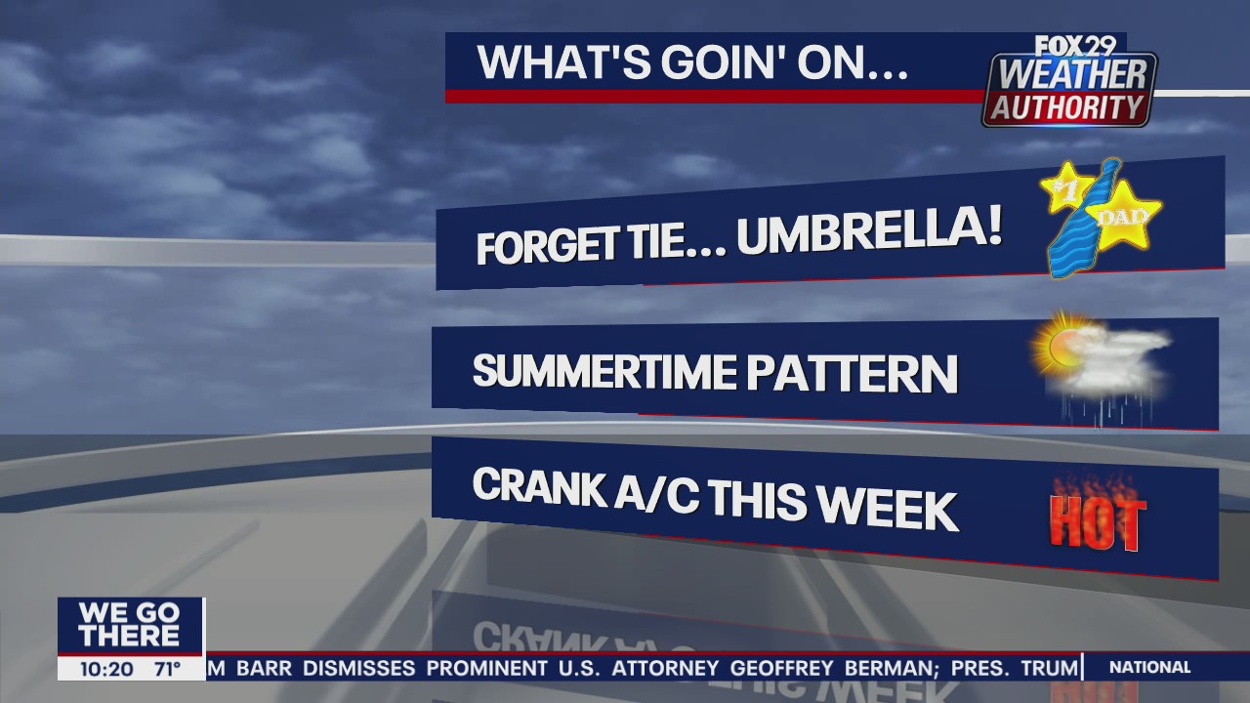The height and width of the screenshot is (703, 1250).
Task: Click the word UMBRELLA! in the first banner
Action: point(869,229)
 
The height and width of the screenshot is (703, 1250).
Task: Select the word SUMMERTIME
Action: point(604,371)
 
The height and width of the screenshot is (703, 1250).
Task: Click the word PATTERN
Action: point(853,374)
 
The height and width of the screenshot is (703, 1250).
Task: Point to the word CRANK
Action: point(539,486)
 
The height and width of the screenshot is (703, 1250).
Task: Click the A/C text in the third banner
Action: point(657,495)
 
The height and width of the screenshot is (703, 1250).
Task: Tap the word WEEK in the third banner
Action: point(890,510)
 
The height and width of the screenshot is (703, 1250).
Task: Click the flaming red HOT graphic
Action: point(1098,517)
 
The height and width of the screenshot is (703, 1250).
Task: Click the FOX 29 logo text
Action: point(1075,46)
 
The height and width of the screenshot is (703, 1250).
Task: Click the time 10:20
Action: point(106,669)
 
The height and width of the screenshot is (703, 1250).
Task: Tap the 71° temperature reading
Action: point(167,669)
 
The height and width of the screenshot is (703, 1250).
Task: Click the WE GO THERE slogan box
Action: point(130,626)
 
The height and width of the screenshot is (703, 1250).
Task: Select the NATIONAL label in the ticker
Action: point(1150,667)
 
